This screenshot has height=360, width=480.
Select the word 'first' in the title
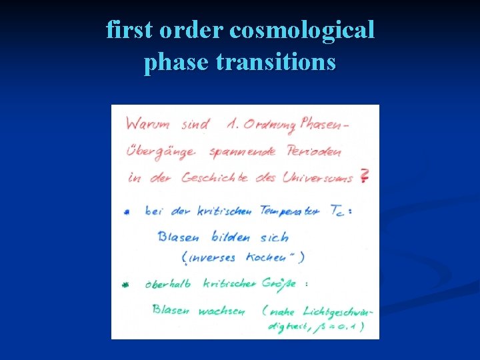(x=129, y=31)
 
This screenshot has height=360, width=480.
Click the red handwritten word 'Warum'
(x=147, y=125)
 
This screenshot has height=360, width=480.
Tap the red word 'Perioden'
(x=315, y=151)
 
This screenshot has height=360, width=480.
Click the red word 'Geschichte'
(x=215, y=177)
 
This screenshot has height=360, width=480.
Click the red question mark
(x=364, y=177)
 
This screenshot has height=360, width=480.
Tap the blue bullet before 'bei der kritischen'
(x=127, y=212)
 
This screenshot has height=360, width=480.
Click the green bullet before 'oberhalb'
(x=125, y=285)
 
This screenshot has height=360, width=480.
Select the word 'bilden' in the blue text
(x=231, y=237)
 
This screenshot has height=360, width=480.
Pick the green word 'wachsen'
(x=223, y=310)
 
